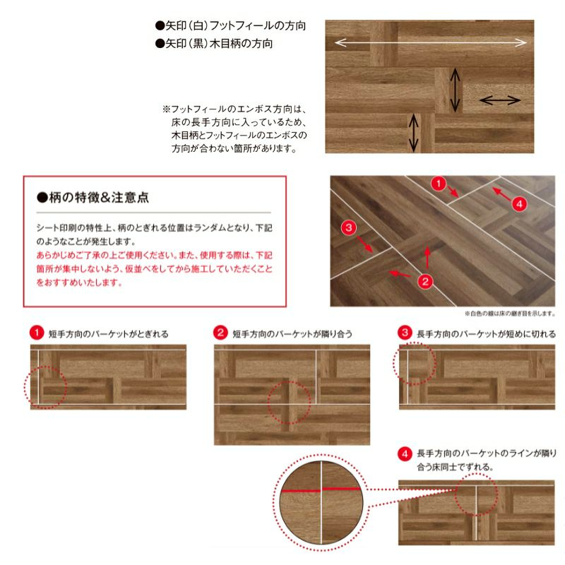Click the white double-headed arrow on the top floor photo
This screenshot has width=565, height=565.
pos(431,43)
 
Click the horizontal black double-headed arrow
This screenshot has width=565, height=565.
pos(500,100)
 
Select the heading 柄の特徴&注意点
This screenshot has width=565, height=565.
pos(93,198)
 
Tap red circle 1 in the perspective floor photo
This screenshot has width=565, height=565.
pos(439,184)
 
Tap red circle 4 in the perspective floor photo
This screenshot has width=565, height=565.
pos(519,204)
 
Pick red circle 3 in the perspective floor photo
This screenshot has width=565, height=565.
pos(348,227)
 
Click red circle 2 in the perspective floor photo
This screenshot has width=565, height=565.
pos(425,281)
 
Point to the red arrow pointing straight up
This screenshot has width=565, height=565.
pos(427,257)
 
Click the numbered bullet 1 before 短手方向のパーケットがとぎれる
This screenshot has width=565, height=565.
pos(37,333)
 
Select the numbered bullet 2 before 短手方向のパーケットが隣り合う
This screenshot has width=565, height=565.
pos(220,333)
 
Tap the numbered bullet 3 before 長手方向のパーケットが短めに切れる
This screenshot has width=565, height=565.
pos(405,333)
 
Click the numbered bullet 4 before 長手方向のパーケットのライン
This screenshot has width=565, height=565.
pos(405,454)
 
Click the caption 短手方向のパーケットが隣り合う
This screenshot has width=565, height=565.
pos(292,334)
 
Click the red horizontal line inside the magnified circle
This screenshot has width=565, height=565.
pos(321,490)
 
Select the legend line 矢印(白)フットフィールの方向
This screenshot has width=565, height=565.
pos(231,25)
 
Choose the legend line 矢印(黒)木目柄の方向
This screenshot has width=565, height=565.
pos(214,44)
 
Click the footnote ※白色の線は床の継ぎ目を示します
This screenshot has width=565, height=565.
pos(510,314)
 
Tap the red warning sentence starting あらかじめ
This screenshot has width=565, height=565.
pos(154,269)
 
